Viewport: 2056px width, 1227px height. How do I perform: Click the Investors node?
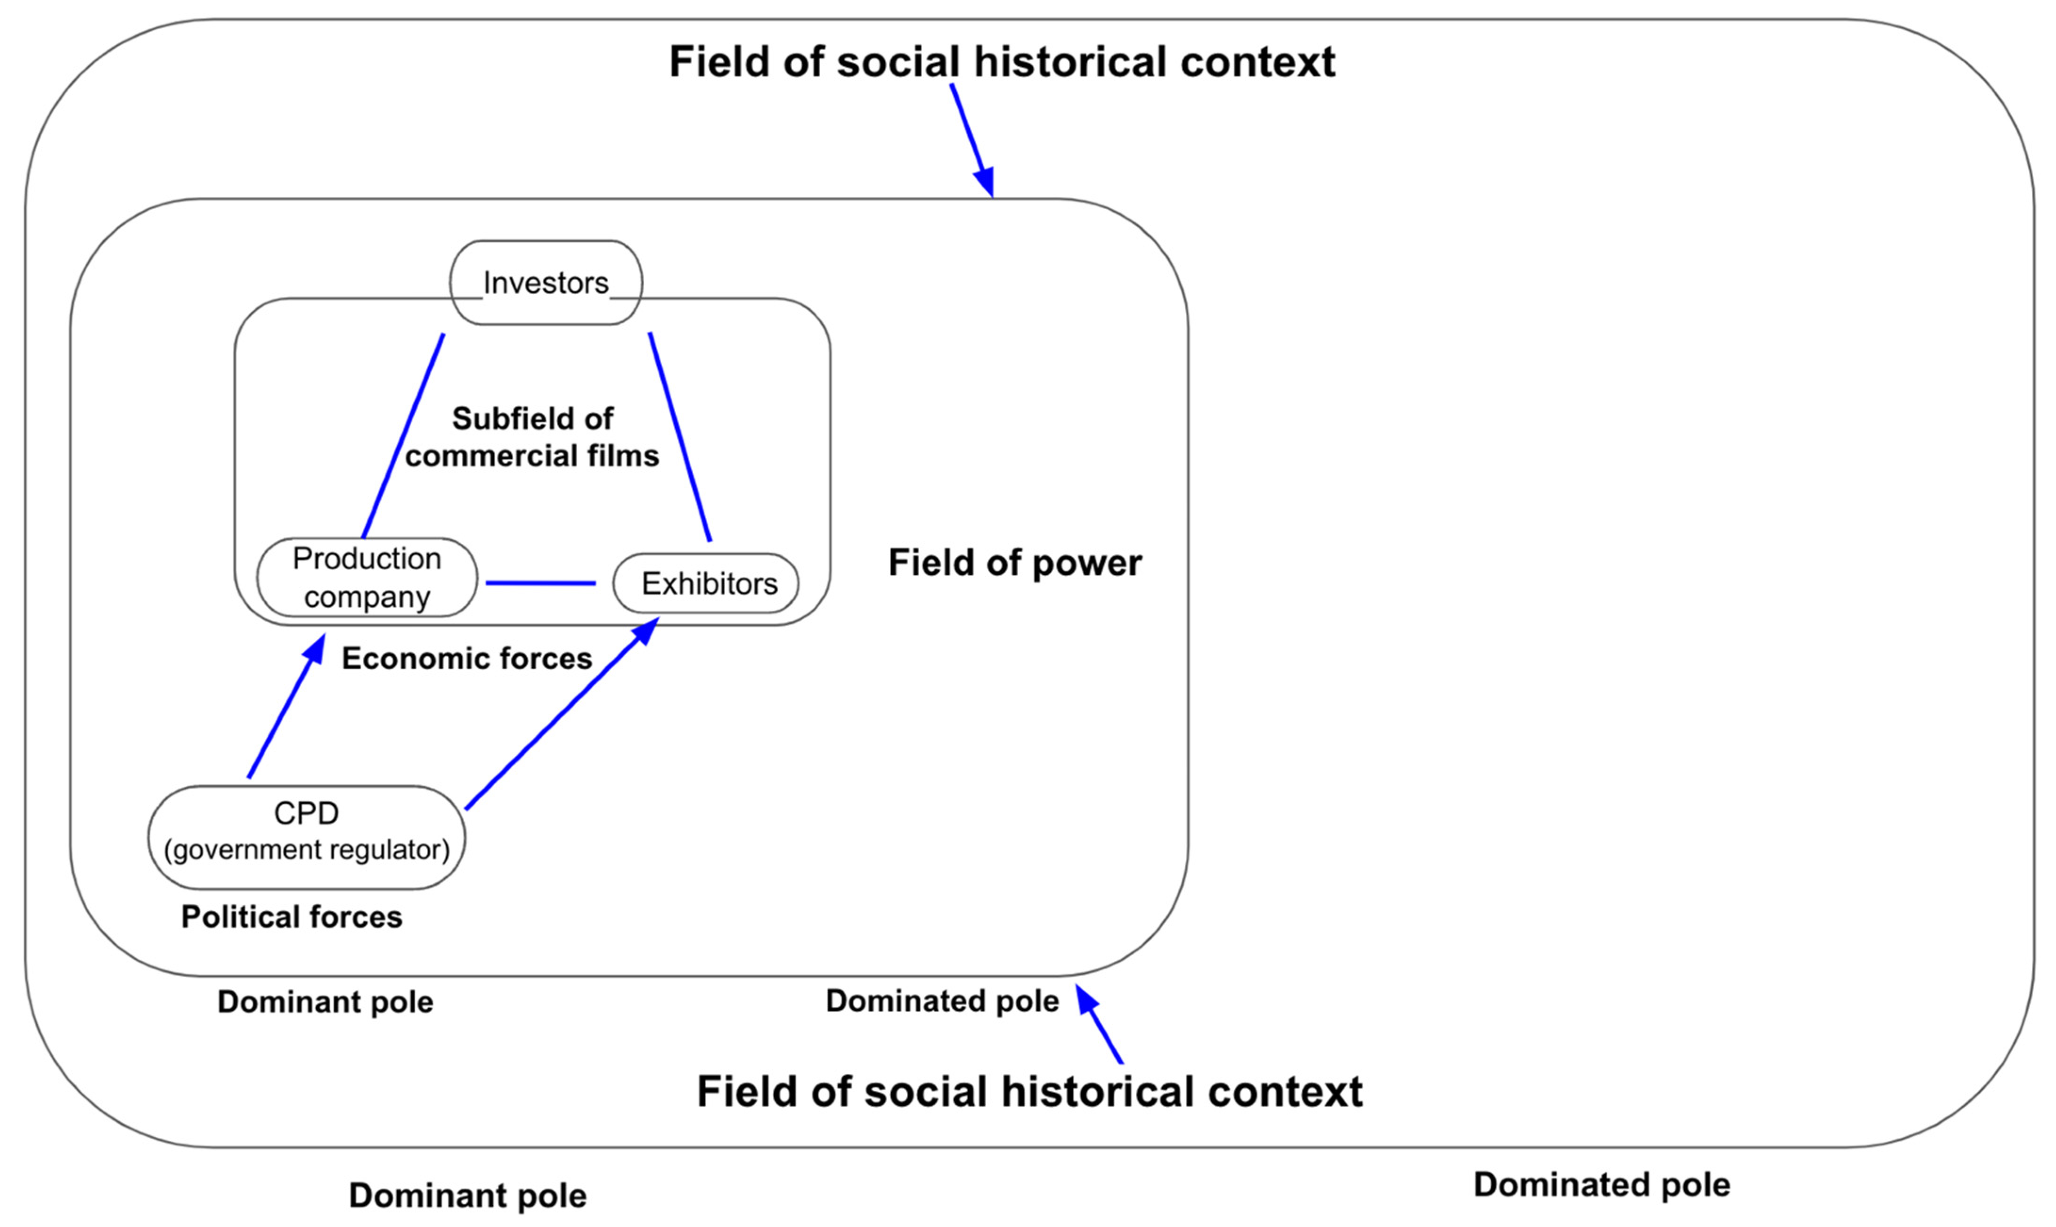point(546,283)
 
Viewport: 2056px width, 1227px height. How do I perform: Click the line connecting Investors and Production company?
point(403,436)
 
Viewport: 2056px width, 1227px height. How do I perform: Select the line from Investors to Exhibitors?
point(679,436)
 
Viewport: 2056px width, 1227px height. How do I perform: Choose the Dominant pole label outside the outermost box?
point(467,1195)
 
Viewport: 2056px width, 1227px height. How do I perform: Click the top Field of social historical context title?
point(1002,62)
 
